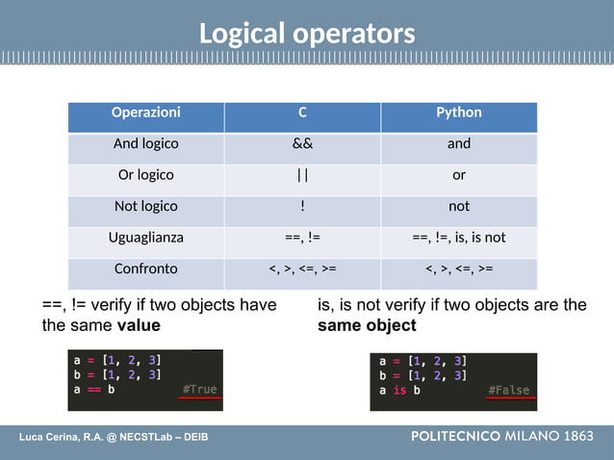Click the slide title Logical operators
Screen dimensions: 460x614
click(307, 34)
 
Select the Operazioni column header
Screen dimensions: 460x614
click(145, 113)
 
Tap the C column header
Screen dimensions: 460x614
click(302, 113)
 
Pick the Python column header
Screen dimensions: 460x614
click(459, 113)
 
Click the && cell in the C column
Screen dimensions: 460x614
click(302, 144)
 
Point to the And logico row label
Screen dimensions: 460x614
click(145, 144)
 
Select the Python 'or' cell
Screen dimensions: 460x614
click(459, 175)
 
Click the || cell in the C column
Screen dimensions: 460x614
click(302, 175)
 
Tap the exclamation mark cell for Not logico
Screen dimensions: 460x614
click(302, 206)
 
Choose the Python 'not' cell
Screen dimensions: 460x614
click(459, 206)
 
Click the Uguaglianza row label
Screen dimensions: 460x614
click(145, 237)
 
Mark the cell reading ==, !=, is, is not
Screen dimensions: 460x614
click(459, 237)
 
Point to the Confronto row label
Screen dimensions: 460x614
click(145, 268)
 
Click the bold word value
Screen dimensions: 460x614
click(139, 325)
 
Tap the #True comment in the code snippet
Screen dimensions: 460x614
click(199, 390)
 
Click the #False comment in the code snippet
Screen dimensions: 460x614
click(508, 390)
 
